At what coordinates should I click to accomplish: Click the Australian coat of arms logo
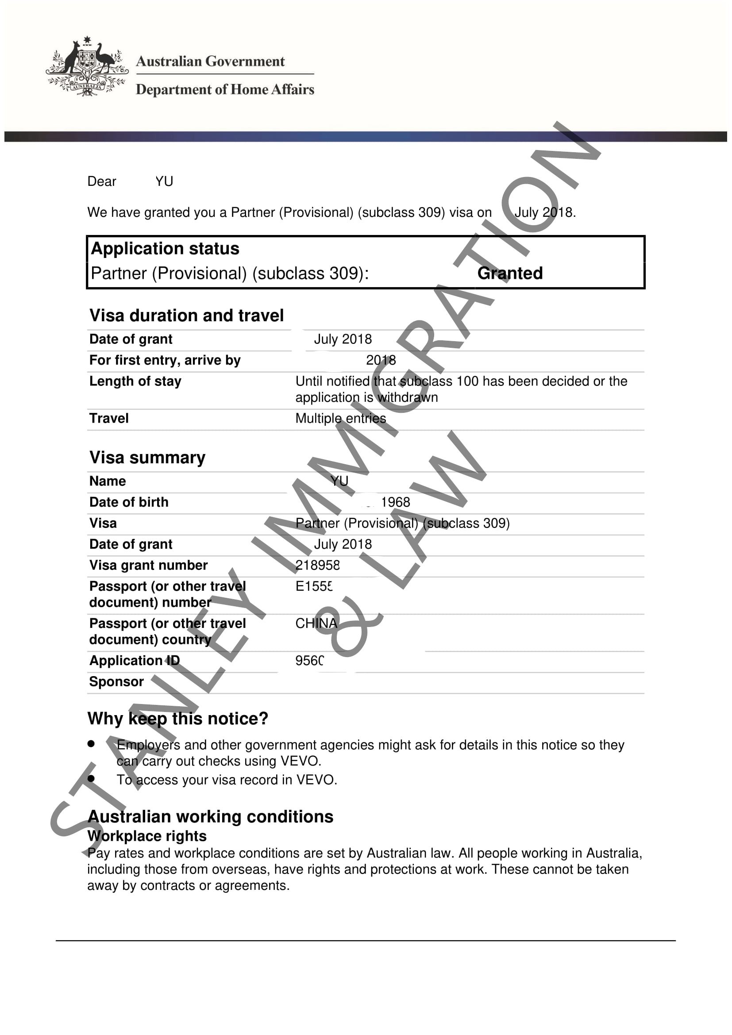coord(87,67)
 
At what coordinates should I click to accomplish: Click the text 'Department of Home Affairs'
coord(225,89)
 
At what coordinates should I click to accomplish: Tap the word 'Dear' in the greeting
coord(101,181)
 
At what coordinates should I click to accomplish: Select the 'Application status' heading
coord(165,248)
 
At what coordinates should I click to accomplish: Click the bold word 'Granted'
coord(510,273)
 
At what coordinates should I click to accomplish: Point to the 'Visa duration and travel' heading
coord(187,316)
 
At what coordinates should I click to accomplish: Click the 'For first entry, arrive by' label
coord(165,360)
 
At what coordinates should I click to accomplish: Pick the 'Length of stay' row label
coord(135,381)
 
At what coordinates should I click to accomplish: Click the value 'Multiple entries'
coord(341,418)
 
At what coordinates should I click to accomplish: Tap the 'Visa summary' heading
coord(147,458)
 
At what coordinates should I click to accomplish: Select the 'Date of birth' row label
coord(129,502)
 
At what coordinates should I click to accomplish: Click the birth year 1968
coord(395,502)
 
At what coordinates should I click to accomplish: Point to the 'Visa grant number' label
coord(148,565)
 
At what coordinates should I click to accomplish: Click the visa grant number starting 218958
coord(317,565)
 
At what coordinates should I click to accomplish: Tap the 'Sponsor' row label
coord(116,681)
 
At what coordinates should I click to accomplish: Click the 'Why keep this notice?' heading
coord(178,719)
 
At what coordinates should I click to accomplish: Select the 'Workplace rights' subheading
coord(147,836)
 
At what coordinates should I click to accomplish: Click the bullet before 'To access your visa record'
coord(92,778)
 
